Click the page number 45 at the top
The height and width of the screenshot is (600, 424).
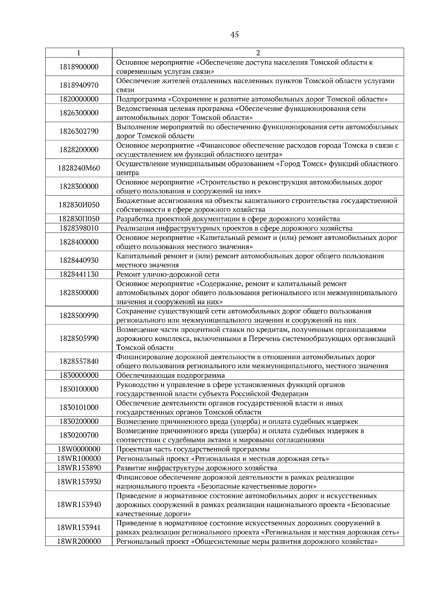pyautogui.click(x=234, y=34)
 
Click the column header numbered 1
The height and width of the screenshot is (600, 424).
pyautogui.click(x=78, y=53)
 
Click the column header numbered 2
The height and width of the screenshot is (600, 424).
pyautogui.click(x=258, y=53)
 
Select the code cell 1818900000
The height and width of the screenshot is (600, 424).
pyautogui.click(x=79, y=67)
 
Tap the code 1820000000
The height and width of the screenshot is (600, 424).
pyautogui.click(x=79, y=99)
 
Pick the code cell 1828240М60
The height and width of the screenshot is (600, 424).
pyautogui.click(x=79, y=168)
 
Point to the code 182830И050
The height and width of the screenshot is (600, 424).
pyautogui.click(x=79, y=205)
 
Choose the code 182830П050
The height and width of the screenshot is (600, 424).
pyautogui.click(x=79, y=219)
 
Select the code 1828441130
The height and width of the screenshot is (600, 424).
pyautogui.click(x=79, y=274)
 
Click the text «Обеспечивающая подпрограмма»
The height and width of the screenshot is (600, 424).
pyautogui.click(x=170, y=375)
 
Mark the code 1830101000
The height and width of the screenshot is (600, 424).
pyautogui.click(x=79, y=407)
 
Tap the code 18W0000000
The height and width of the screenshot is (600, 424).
pyautogui.click(x=79, y=449)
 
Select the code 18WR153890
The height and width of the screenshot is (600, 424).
pyautogui.click(x=79, y=468)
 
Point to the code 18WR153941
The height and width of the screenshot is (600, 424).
pyautogui.click(x=79, y=528)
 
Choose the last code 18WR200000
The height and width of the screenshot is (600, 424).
pyautogui.click(x=79, y=542)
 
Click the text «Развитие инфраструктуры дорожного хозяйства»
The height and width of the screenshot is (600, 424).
pyautogui.click(x=196, y=468)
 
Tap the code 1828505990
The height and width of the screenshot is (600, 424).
pyautogui.click(x=79, y=338)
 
